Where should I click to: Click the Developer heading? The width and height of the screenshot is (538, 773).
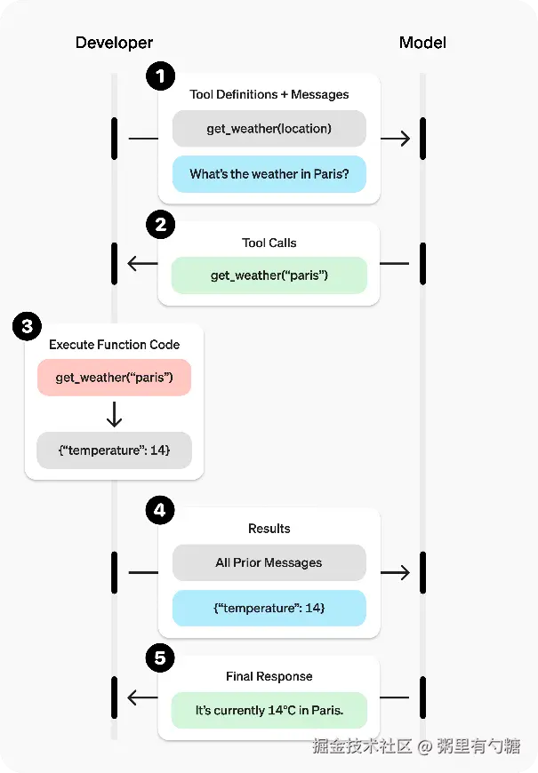coord(114,43)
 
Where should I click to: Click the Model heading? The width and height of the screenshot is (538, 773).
coord(422,43)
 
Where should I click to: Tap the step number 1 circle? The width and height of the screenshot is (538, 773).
coord(160,76)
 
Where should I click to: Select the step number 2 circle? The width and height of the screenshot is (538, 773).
coord(160,225)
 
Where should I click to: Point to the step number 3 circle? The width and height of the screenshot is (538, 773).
coord(28,326)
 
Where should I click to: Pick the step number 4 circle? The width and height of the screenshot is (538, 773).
coord(160,510)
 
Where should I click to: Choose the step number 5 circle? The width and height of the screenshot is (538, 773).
coord(160,657)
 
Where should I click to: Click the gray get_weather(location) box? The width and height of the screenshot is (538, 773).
coord(269,129)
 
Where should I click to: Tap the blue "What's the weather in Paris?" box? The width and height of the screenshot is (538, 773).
coord(269,174)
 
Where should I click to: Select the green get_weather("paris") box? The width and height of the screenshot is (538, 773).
coord(269,275)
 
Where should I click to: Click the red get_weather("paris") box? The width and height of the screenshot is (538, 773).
coord(114,377)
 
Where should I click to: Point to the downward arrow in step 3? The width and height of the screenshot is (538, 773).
coord(114,414)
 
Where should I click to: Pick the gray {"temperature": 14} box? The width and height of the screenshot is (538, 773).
coord(114,450)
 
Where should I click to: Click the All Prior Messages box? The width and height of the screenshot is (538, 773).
coord(269,562)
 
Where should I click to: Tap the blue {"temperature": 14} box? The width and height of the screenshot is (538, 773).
coord(269,608)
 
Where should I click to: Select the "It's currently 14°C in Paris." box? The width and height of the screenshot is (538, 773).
coord(269,711)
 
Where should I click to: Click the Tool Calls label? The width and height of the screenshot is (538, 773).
coord(269,243)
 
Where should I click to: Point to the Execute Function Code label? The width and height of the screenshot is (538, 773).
coord(114,345)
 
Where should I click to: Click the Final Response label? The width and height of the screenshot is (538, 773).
coord(269,676)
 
